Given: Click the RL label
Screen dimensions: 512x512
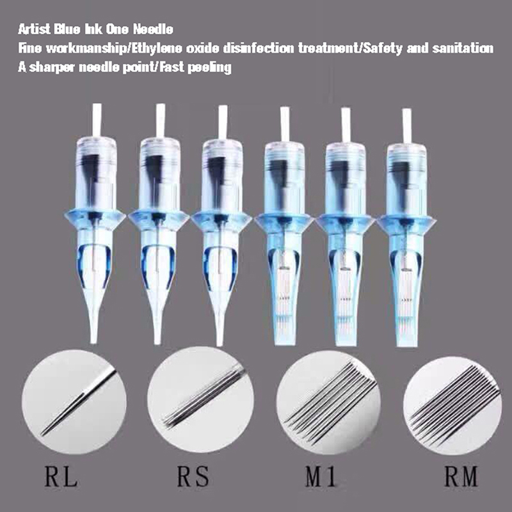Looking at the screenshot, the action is (x=61, y=476).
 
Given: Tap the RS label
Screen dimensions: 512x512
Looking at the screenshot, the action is (x=193, y=476).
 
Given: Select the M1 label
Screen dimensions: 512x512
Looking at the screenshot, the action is (x=321, y=476).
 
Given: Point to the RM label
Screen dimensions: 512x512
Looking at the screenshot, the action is (x=461, y=476).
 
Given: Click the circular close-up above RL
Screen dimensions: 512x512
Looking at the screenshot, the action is (x=74, y=402).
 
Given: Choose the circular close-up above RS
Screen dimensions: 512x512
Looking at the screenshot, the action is (x=200, y=399).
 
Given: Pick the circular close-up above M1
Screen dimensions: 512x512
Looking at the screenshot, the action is (x=328, y=403).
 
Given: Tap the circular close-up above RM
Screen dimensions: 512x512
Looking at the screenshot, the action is (x=452, y=406).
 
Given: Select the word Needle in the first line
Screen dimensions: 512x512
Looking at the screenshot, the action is (x=153, y=29).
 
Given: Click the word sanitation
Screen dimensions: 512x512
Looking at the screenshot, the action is (x=463, y=49).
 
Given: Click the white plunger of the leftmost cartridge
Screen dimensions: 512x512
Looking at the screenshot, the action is (x=97, y=120).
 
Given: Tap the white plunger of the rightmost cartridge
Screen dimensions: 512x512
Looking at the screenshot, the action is (x=407, y=126).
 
